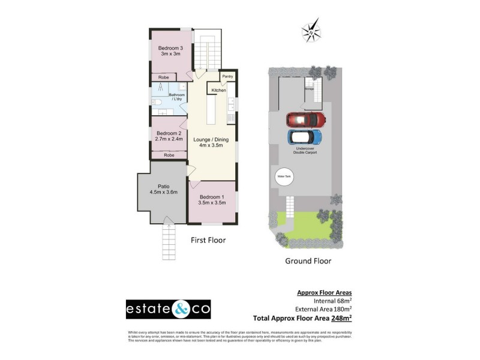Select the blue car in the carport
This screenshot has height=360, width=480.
305,137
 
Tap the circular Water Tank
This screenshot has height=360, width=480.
283,177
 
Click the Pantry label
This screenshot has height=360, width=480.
227,77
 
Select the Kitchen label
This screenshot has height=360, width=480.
218,90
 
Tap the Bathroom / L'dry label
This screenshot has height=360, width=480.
177,97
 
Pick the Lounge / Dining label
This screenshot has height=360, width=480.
211,142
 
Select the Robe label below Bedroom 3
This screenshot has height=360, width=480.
163,77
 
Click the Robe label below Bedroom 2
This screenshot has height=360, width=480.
169,155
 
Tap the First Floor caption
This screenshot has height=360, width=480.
208,240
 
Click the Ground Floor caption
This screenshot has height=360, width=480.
308,261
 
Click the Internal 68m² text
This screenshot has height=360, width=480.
332,301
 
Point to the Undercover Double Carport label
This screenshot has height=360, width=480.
306,151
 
